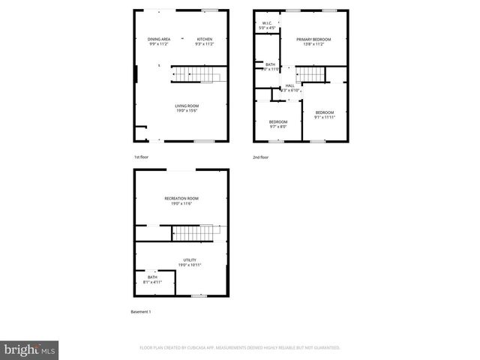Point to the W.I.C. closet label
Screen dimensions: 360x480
(x=266, y=25)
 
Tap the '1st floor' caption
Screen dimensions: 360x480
(x=142, y=157)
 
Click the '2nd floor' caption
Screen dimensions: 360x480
(x=261, y=157)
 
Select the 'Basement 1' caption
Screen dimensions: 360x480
(x=141, y=311)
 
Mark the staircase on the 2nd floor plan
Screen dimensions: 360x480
(x=312, y=73)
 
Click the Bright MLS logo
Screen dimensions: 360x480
(x=30, y=349)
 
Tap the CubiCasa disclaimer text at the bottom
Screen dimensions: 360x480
(x=240, y=348)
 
